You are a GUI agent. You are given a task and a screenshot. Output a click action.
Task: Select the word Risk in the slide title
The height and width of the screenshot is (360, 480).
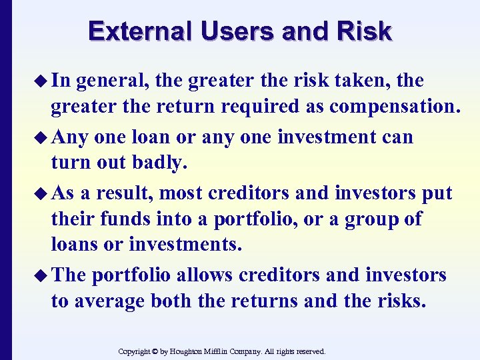point(365,31)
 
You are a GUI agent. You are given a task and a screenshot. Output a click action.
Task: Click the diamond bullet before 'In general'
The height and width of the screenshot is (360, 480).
point(42,81)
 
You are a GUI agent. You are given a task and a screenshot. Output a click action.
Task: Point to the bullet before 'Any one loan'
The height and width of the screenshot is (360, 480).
point(42,138)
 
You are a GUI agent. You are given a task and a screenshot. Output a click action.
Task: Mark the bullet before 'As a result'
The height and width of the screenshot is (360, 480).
point(42,194)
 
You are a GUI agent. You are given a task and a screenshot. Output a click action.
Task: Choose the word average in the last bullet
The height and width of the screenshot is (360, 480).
point(108,301)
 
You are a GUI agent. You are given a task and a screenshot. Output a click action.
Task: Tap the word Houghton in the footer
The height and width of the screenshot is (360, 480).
point(193,351)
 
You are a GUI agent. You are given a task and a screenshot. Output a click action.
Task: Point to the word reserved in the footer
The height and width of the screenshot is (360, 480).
point(309,351)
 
